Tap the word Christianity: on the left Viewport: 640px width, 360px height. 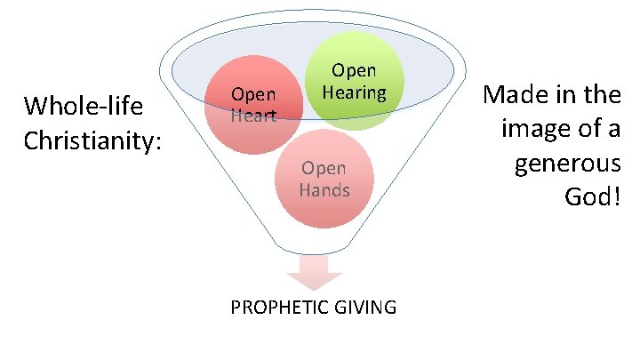92,140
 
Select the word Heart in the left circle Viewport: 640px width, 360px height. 253,116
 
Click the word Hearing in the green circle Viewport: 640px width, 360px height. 354,92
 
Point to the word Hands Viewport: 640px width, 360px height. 324,190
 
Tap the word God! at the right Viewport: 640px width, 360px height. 592,197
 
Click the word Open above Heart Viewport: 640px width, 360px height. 253,94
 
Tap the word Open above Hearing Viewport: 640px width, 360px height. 354,70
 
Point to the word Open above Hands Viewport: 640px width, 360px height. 324,168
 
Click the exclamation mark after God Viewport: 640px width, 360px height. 615,197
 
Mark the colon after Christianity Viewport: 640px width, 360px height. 157,140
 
